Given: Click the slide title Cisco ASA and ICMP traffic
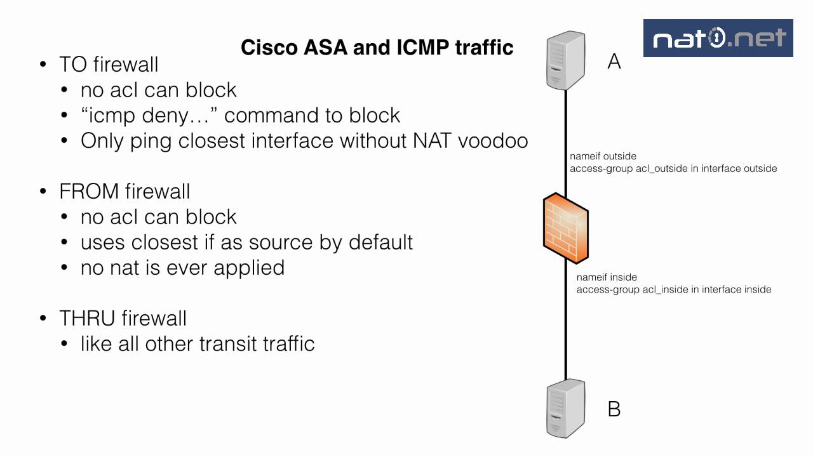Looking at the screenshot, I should pyautogui.click(x=377, y=47).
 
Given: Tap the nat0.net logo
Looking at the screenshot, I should pyautogui.click(x=718, y=38).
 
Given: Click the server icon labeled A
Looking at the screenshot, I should pyautogui.click(x=566, y=61).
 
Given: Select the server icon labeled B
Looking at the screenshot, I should pyautogui.click(x=566, y=407).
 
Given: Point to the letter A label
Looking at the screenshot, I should pyautogui.click(x=614, y=61).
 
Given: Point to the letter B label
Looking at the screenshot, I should pyautogui.click(x=614, y=409).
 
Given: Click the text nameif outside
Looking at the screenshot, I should pyautogui.click(x=603, y=156).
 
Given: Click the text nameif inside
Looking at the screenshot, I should pyautogui.click(x=607, y=277).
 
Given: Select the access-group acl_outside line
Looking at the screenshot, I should pyautogui.click(x=673, y=169).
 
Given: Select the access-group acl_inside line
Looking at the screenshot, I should pyautogui.click(x=674, y=289).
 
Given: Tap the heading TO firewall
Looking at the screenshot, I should pyautogui.click(x=109, y=64).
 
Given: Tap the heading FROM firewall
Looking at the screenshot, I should pyautogui.click(x=124, y=191).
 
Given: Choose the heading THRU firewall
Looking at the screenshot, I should pyautogui.click(x=123, y=318).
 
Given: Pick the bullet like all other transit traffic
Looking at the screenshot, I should pyautogui.click(x=198, y=343).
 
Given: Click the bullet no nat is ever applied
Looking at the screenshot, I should pyautogui.click(x=182, y=267).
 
